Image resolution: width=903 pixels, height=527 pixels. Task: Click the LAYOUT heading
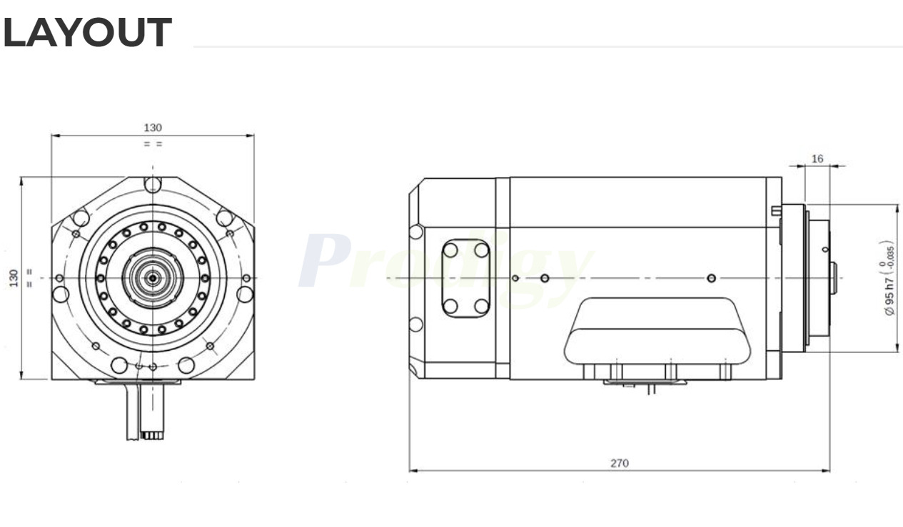point(87,33)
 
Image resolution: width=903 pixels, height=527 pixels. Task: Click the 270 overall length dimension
point(619,463)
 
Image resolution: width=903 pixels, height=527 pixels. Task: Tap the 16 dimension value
point(817,158)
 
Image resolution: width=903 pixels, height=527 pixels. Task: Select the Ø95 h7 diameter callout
point(889,278)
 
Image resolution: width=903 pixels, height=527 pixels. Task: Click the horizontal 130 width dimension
point(153,128)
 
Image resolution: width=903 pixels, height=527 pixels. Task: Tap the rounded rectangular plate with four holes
point(465,278)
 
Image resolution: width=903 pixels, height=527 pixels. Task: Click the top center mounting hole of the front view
point(152,185)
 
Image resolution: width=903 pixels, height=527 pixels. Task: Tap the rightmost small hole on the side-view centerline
point(711,277)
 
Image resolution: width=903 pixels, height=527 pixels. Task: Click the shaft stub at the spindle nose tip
point(833,277)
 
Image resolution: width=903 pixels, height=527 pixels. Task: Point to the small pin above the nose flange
point(776,210)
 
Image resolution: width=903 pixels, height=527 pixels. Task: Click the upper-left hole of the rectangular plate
point(450,250)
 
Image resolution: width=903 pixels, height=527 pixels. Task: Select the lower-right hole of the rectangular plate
point(482,306)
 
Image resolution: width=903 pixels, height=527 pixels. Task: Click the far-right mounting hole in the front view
point(245,293)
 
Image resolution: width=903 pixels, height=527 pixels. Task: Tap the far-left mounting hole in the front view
point(61,294)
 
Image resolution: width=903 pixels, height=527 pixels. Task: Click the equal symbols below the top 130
point(153,143)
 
